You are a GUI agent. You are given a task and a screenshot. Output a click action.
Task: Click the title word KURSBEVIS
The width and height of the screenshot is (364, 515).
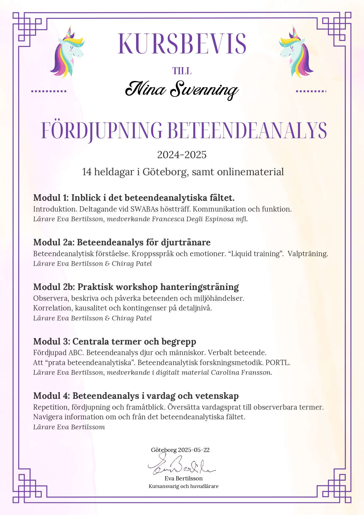[x=182, y=44]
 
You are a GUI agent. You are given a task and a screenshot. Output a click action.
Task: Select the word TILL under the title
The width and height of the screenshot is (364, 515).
[x=182, y=71]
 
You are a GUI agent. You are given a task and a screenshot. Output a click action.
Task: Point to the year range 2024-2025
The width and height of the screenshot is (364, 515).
[x=182, y=155]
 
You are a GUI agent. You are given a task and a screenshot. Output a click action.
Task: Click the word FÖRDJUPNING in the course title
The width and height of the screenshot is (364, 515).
[x=101, y=131]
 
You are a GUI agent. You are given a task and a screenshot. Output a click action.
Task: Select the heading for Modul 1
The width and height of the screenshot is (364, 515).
[x=134, y=197]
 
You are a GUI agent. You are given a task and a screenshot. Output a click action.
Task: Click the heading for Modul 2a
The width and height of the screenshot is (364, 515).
[x=122, y=242]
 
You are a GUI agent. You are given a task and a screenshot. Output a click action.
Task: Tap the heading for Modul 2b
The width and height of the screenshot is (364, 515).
[x=136, y=287]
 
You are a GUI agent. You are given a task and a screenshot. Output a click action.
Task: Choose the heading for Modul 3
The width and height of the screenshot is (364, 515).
[x=115, y=341]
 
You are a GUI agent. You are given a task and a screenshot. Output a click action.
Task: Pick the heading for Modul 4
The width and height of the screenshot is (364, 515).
[x=136, y=396]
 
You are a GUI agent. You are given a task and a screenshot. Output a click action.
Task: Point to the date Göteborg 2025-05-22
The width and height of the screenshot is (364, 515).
[x=180, y=450]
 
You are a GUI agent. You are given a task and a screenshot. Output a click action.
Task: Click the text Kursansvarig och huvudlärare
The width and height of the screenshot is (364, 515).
[x=184, y=486]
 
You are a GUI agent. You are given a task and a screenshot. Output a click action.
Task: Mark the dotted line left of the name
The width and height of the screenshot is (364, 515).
[x=49, y=91]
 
